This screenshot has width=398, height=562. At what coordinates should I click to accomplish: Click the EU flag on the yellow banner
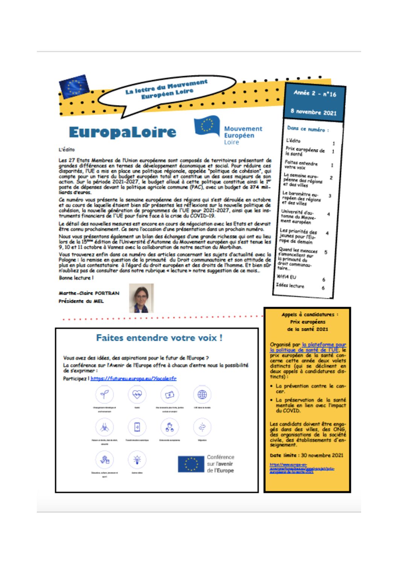(74, 86)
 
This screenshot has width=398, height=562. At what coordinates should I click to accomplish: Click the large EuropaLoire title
(122, 132)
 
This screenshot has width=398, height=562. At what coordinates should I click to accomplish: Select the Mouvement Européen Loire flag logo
(207, 127)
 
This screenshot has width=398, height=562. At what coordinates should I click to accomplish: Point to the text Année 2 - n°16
(314, 93)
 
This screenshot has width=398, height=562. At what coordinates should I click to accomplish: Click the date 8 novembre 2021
(313, 111)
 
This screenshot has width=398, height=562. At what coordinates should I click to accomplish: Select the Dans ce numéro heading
(308, 129)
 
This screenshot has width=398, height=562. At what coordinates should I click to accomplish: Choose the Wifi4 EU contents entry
(286, 277)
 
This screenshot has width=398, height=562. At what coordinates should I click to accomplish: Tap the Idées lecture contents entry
(290, 285)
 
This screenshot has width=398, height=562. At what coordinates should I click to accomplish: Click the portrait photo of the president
(141, 298)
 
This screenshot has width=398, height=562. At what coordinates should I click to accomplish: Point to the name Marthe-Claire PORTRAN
(89, 293)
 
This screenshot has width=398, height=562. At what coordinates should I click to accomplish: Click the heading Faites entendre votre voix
(159, 338)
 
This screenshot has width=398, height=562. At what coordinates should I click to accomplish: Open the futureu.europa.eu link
(134, 378)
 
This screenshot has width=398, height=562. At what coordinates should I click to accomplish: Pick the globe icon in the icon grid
(202, 395)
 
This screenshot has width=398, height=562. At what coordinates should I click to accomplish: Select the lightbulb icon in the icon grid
(137, 459)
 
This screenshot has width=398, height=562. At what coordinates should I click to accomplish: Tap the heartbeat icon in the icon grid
(137, 395)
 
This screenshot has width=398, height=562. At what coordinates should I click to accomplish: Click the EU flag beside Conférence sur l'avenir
(191, 464)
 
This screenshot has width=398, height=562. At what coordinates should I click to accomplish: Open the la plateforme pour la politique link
(308, 347)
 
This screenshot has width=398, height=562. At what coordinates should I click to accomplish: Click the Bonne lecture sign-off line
(76, 278)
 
